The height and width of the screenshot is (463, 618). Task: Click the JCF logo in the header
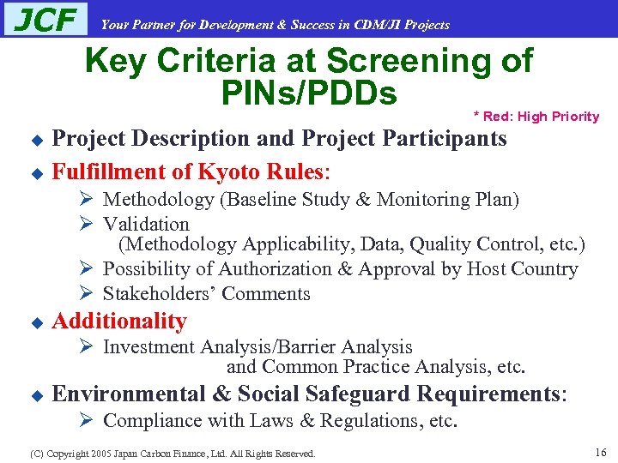pyautogui.click(x=45, y=20)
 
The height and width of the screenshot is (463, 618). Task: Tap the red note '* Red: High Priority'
pyautogui.click(x=536, y=117)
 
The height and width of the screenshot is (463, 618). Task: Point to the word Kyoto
pyautogui.click(x=232, y=171)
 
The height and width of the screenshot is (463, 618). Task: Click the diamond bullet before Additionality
pyautogui.click(x=36, y=323)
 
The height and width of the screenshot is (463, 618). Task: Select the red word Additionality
pyautogui.click(x=119, y=322)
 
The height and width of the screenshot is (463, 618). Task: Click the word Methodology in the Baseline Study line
pyautogui.click(x=159, y=200)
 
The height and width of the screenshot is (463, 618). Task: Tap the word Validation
pyautogui.click(x=146, y=225)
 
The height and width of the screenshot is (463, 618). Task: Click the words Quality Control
pyautogui.click(x=470, y=244)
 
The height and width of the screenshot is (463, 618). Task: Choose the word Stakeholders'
pyautogui.click(x=160, y=294)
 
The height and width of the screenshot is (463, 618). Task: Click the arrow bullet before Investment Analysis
pyautogui.click(x=85, y=347)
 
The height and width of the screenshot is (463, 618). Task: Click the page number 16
pyautogui.click(x=600, y=452)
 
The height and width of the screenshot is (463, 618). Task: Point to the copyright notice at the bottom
pyautogui.click(x=172, y=454)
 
